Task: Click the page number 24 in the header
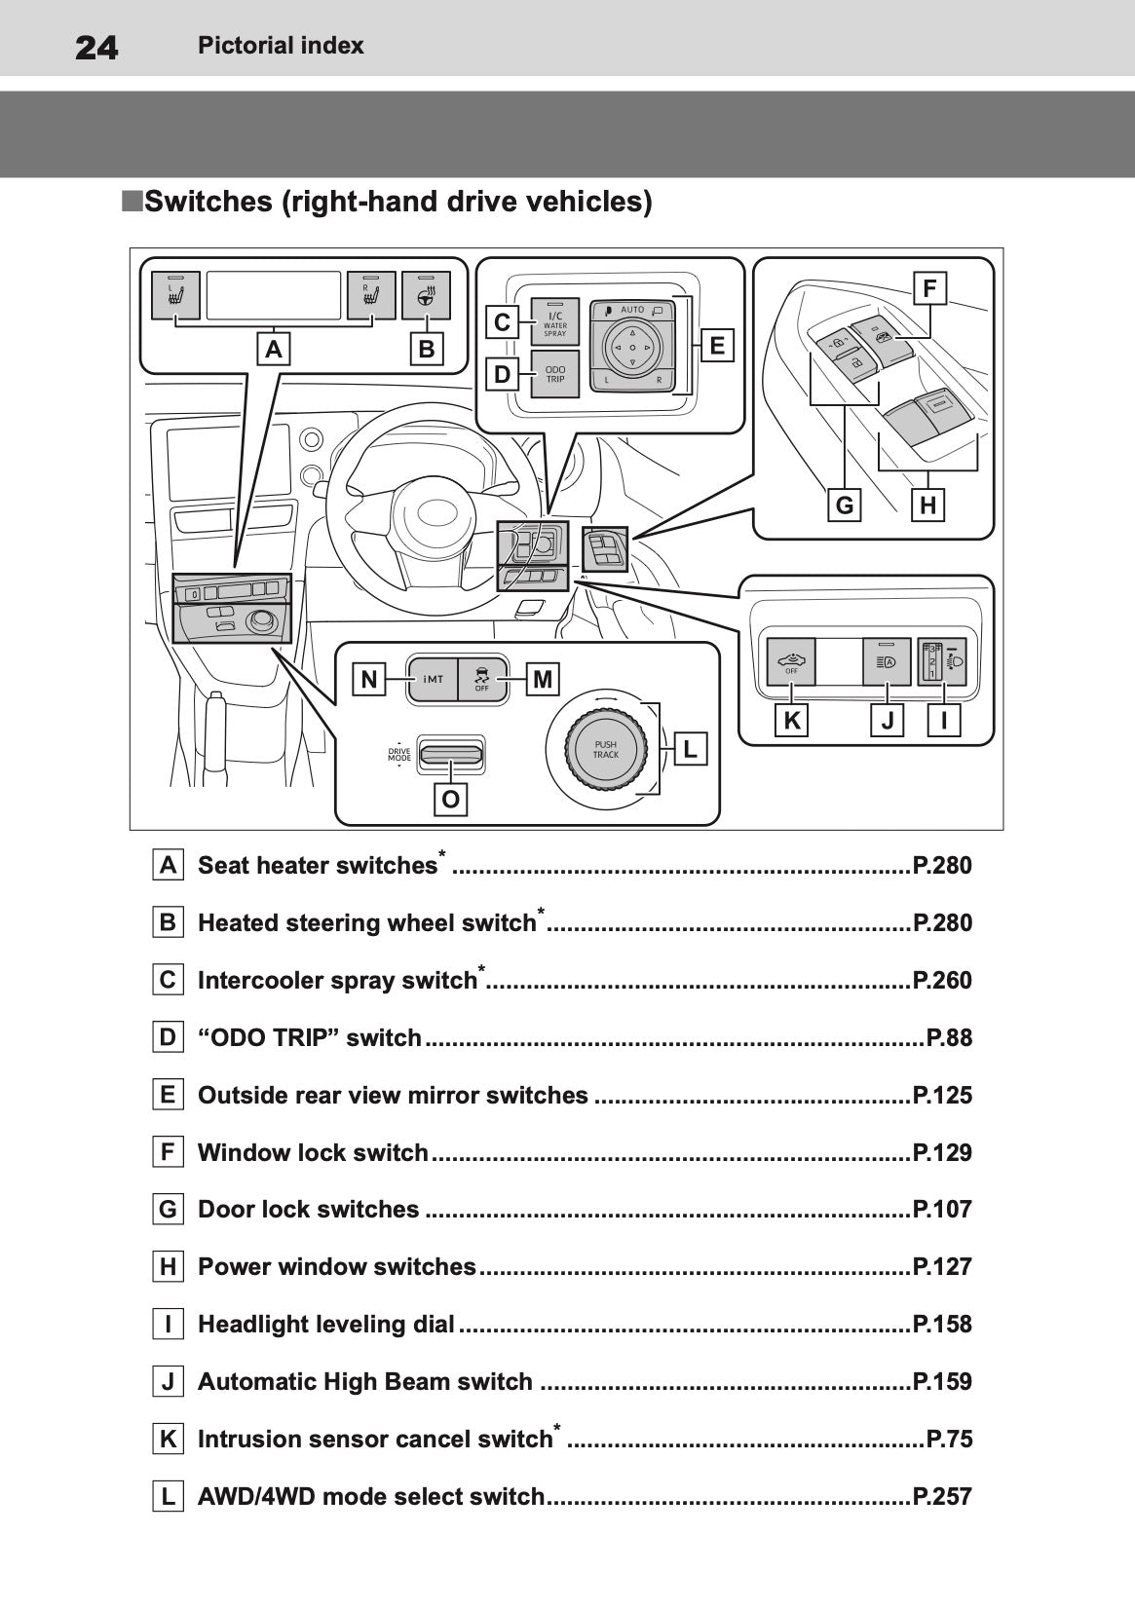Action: coord(96,47)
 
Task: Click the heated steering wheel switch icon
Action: coord(426,295)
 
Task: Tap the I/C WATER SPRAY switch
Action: coord(554,321)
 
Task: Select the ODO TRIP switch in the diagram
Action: coord(554,374)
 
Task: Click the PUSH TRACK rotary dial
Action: coord(605,749)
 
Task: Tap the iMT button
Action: coord(433,679)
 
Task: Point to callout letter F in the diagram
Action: coord(929,288)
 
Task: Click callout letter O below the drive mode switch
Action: coord(450,800)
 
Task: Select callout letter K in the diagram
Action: coord(791,722)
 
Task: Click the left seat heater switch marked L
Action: coord(176,295)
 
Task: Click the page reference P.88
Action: coord(948,1037)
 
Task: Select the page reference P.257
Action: coord(941,1496)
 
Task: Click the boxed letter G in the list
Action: coord(168,1210)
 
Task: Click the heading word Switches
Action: coord(208,202)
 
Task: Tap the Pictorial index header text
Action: coord(281,46)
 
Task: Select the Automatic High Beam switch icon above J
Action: coord(887,662)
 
